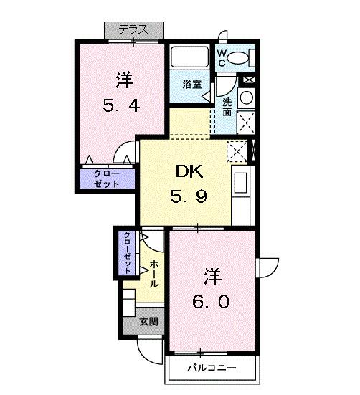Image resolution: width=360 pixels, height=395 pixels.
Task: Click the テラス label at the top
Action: [x=133, y=29]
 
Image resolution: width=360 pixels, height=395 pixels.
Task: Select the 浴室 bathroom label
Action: [x=191, y=83]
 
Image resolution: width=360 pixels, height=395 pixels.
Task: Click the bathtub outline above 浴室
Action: [x=191, y=58]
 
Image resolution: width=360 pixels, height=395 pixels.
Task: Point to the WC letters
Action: [x=223, y=56]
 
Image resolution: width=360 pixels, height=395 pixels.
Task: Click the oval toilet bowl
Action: [x=242, y=56]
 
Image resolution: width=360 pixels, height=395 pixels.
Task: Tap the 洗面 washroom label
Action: [x=227, y=107]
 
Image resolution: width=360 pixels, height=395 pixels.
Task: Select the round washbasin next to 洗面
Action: [x=245, y=98]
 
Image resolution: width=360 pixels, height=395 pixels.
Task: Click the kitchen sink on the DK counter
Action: [x=240, y=184]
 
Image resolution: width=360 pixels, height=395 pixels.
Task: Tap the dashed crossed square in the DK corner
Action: [x=235, y=151]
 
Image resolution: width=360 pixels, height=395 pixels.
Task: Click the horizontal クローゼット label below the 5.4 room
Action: [x=105, y=178]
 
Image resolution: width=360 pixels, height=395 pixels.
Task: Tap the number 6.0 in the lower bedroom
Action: [x=212, y=301]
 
